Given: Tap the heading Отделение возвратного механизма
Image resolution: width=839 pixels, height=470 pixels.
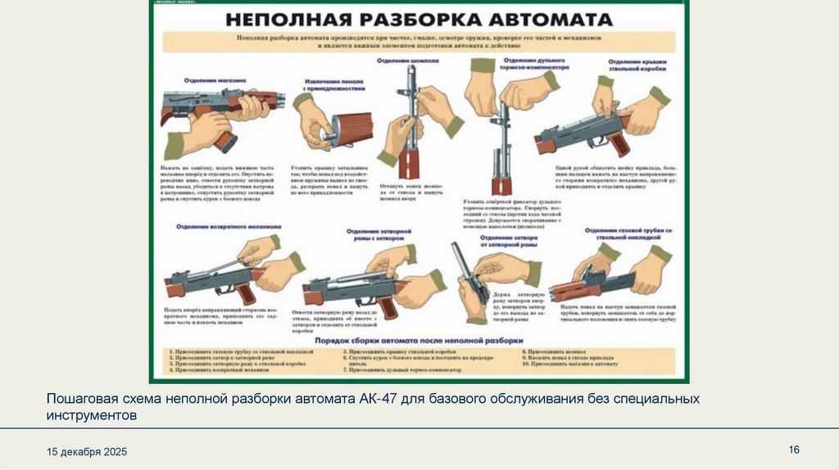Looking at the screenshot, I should [229, 226].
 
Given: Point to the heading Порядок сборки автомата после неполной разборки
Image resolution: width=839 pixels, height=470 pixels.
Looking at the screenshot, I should [418, 338].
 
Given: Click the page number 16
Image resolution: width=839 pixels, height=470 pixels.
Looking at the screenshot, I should [793, 450].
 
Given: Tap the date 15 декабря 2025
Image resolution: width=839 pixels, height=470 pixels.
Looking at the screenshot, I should [87, 452].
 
